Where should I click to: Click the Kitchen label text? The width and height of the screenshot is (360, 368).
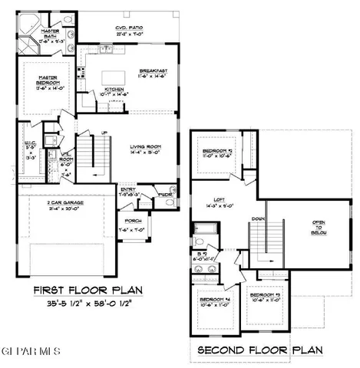(113, 90)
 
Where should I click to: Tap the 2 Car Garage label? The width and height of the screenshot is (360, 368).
(59, 202)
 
